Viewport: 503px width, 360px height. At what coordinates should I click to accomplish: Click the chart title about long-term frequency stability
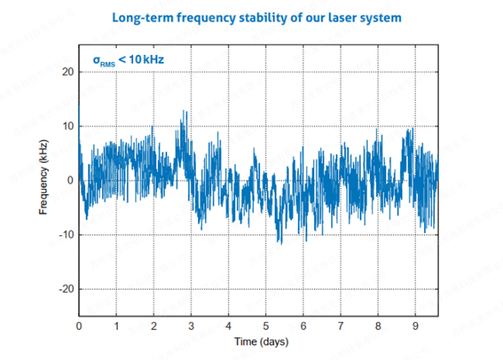(x=256, y=17)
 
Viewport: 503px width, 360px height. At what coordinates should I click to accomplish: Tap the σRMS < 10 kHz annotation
(x=128, y=59)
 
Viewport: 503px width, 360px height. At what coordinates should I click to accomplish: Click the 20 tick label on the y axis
(x=68, y=72)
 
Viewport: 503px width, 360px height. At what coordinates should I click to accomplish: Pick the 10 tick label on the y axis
(x=68, y=126)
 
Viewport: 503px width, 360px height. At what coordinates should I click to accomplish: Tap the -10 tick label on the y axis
(x=66, y=234)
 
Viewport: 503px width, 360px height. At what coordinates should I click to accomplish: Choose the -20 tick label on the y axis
(x=66, y=289)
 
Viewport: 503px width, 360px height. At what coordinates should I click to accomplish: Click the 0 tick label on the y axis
(x=71, y=180)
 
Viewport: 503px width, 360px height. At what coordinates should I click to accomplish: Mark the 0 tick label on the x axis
(x=79, y=326)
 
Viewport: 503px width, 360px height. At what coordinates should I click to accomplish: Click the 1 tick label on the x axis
(x=117, y=326)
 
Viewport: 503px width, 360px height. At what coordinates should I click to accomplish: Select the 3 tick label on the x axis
(x=191, y=326)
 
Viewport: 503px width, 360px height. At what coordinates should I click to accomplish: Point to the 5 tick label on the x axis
(x=266, y=326)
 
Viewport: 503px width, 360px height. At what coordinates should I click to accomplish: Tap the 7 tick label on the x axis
(x=340, y=326)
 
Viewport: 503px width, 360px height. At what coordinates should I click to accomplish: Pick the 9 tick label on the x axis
(x=415, y=326)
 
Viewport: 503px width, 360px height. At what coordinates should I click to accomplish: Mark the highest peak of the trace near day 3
(x=186, y=112)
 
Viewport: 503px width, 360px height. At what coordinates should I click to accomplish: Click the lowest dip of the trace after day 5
(x=281, y=243)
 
